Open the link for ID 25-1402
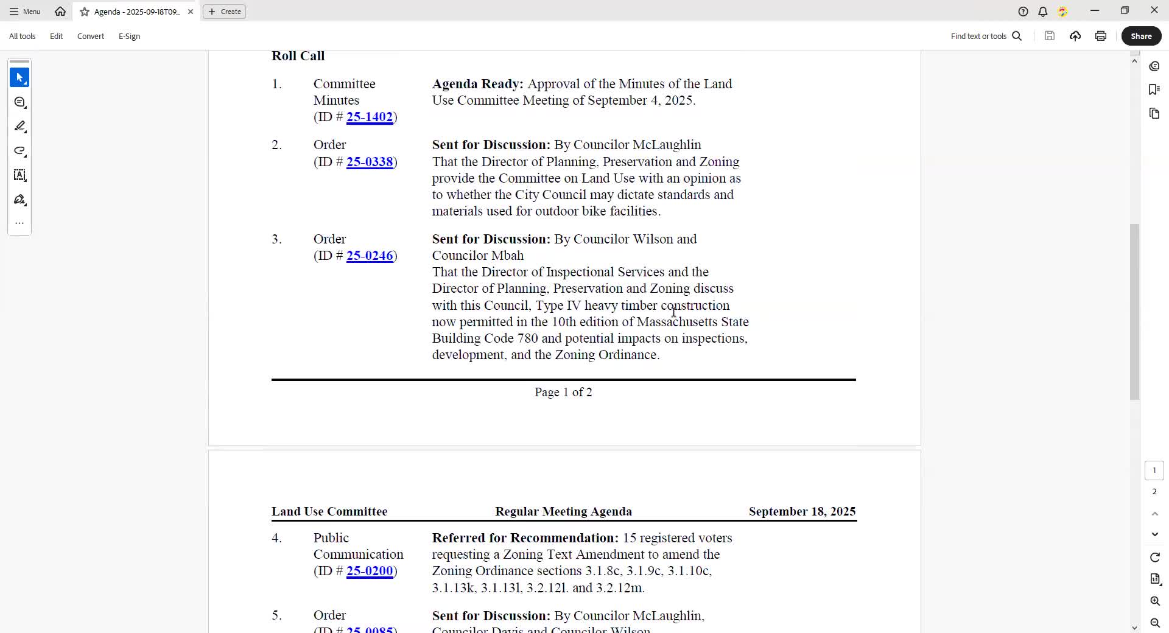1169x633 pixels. click(370, 117)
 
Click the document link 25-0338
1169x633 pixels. click(370, 162)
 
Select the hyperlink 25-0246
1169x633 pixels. click(370, 256)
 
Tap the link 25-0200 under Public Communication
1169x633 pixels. click(370, 571)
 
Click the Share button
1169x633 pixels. click(1141, 36)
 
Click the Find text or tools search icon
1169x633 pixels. click(1017, 36)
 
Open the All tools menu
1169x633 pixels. click(23, 36)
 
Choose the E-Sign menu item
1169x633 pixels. click(129, 36)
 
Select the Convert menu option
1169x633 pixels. click(91, 36)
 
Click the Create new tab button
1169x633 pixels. click(225, 12)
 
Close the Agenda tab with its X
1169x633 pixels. click(191, 12)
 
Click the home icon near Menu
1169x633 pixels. click(60, 12)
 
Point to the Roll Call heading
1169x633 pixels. click(298, 56)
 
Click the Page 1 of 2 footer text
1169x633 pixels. click(563, 393)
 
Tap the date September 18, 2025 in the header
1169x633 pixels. click(802, 511)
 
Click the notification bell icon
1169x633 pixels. click(1043, 12)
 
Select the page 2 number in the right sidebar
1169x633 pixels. click(1154, 492)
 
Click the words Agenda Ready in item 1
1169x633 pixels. click(477, 84)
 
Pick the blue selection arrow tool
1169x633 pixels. click(19, 78)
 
